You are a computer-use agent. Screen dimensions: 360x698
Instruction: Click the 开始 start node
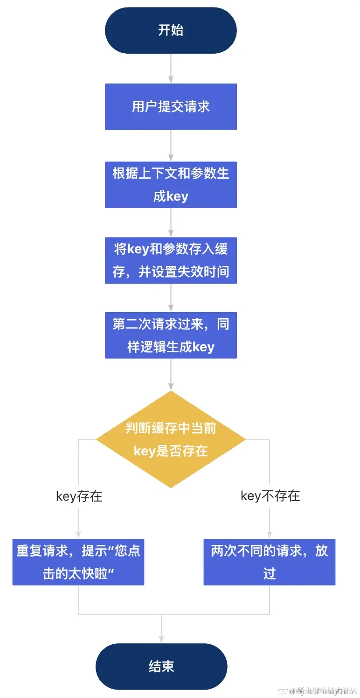click(x=171, y=30)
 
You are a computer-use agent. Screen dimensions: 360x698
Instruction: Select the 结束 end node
click(x=161, y=666)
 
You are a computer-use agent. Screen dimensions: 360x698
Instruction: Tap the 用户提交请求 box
click(x=171, y=106)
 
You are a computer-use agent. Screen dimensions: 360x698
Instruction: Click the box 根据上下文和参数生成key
click(x=171, y=184)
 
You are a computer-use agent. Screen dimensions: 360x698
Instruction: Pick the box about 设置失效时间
click(x=171, y=260)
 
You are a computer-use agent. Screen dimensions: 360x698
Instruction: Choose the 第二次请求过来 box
click(x=171, y=335)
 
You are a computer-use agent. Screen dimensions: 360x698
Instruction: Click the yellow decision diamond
click(x=171, y=439)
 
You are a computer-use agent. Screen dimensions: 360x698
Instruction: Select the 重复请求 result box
click(x=78, y=562)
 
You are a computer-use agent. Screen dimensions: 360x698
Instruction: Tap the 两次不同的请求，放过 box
click(x=270, y=562)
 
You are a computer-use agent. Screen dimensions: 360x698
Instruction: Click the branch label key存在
click(x=79, y=496)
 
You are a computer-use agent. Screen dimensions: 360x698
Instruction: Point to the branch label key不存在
click(x=270, y=496)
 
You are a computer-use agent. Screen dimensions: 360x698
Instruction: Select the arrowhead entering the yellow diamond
click(x=171, y=387)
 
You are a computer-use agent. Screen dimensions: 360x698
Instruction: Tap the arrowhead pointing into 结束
click(x=161, y=639)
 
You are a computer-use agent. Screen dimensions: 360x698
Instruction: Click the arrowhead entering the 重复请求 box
click(x=78, y=535)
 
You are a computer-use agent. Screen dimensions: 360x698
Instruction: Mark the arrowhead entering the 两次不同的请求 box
click(x=270, y=535)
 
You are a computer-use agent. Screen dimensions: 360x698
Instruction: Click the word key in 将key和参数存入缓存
click(x=138, y=249)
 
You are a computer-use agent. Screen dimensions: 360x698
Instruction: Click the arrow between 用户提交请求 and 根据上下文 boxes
click(x=171, y=145)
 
